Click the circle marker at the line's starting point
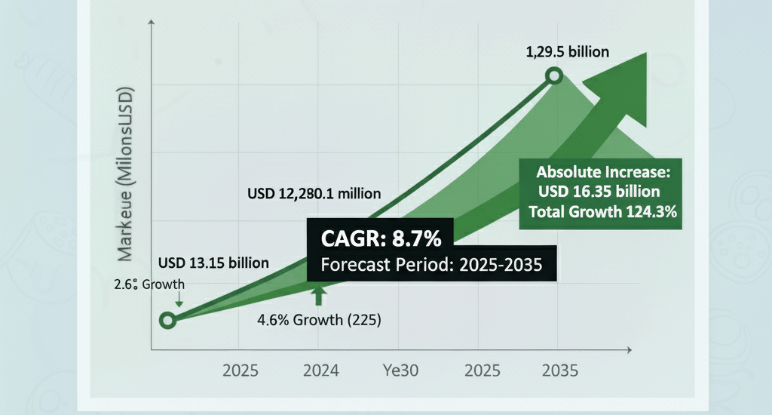click(168, 320)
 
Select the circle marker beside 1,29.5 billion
click(555, 75)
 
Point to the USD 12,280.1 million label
click(314, 193)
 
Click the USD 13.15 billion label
click(214, 263)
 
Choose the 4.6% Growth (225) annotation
click(319, 319)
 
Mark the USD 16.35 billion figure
click(599, 191)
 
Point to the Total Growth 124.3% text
click(602, 211)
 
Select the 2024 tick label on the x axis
click(320, 371)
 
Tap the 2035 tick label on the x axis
click(559, 371)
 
